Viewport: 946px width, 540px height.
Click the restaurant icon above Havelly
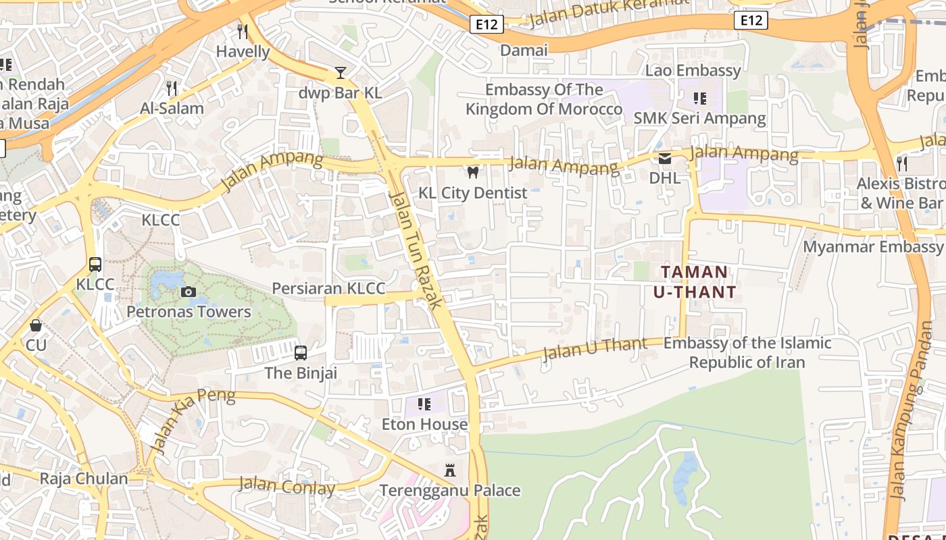click(243, 31)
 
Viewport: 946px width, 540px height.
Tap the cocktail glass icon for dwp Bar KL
click(341, 72)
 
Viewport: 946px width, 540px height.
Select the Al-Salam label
click(172, 108)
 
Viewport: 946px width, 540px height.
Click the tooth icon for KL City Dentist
click(473, 172)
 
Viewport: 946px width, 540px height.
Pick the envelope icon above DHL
click(665, 159)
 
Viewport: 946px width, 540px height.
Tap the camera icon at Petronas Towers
click(189, 292)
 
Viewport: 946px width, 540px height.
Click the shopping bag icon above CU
click(36, 325)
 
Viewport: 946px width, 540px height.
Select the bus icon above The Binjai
click(301, 352)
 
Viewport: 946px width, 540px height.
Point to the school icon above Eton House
click(424, 404)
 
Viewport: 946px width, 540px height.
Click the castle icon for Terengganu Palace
click(449, 470)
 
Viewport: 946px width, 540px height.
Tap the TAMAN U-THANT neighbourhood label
click(695, 282)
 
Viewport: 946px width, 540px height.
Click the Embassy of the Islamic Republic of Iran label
click(747, 352)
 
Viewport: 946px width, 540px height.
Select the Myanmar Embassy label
click(872, 246)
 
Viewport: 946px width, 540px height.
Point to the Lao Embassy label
click(693, 70)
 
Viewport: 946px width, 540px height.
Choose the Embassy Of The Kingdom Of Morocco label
click(544, 99)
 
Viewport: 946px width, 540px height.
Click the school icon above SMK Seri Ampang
click(699, 99)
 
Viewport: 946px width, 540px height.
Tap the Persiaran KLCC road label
click(328, 288)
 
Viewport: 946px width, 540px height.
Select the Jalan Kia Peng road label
click(193, 421)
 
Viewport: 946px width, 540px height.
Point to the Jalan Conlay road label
click(287, 485)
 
